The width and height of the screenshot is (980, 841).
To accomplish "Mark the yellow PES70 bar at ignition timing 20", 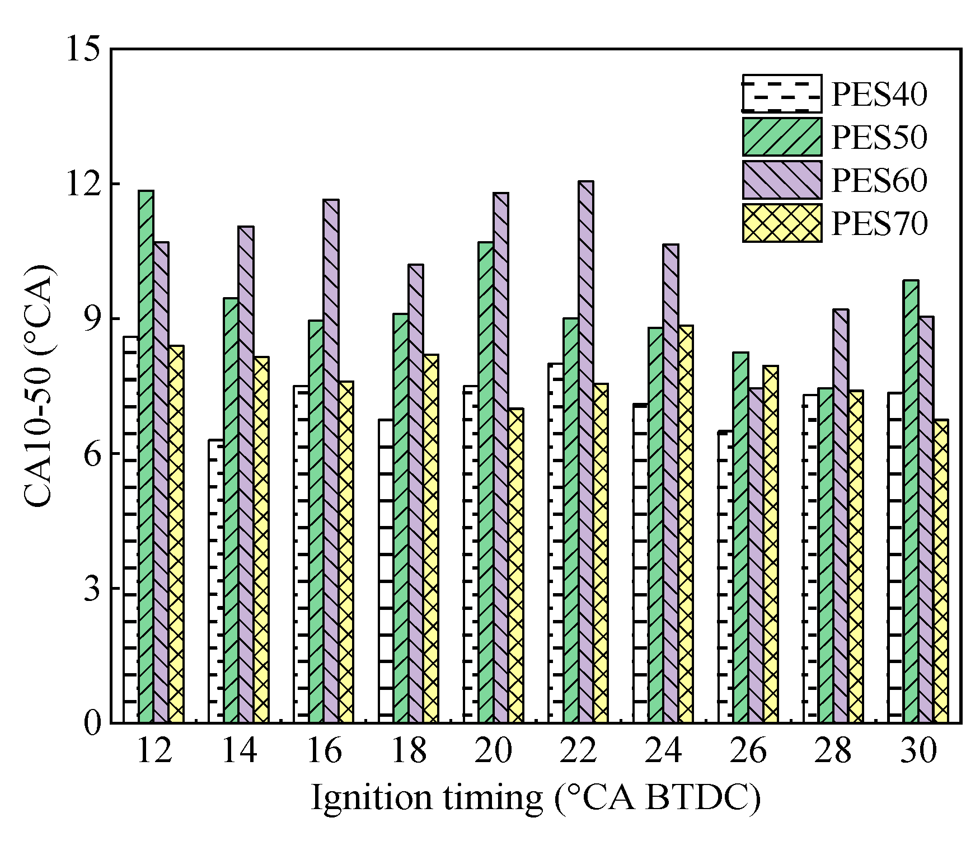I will point(515,565).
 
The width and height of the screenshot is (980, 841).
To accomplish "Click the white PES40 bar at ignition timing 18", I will point(386,571).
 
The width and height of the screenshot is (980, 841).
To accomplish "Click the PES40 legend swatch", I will point(782,93).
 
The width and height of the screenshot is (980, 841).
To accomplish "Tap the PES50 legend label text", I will point(879,137).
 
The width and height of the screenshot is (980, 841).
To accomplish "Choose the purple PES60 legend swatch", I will point(782,180).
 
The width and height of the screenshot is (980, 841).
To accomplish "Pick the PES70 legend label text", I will point(879,224).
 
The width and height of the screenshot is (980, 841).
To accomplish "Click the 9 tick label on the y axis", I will point(93,319).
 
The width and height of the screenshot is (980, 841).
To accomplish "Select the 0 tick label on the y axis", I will point(93,723).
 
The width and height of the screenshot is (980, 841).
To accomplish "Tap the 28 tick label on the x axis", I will point(833,751).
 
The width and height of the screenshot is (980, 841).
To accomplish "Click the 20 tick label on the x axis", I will point(493,751).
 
